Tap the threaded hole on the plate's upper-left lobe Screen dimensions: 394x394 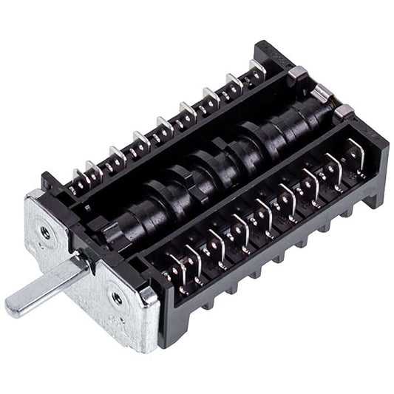pos(46,232)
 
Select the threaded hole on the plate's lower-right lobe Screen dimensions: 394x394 pos(118,298)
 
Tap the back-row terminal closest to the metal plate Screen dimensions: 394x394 pos(75,177)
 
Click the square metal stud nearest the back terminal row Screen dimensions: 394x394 pos(298,72)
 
